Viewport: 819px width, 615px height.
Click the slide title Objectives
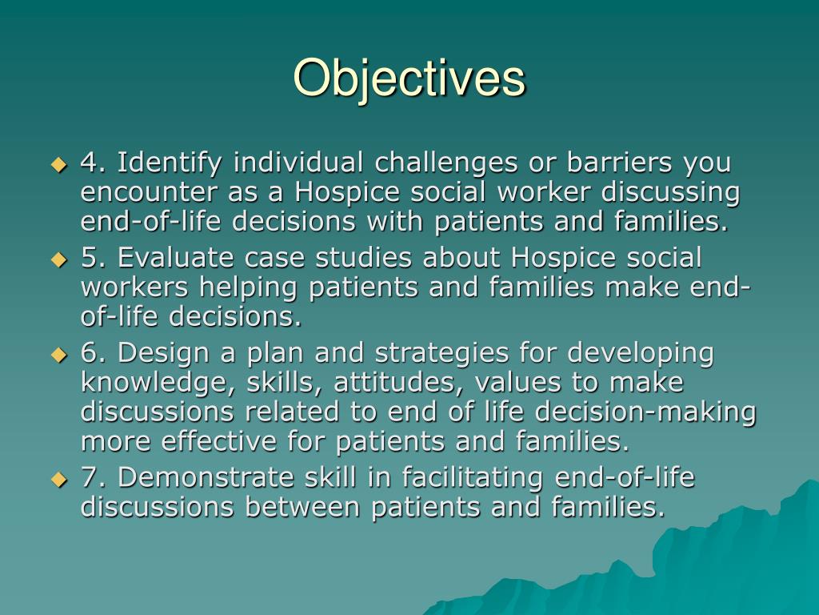click(x=409, y=78)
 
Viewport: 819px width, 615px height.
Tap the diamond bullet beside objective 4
click(x=58, y=165)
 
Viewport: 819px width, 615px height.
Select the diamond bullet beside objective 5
click(x=58, y=259)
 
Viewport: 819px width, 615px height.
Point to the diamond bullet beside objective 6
click(x=58, y=354)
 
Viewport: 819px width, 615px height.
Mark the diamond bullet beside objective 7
click(x=58, y=480)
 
